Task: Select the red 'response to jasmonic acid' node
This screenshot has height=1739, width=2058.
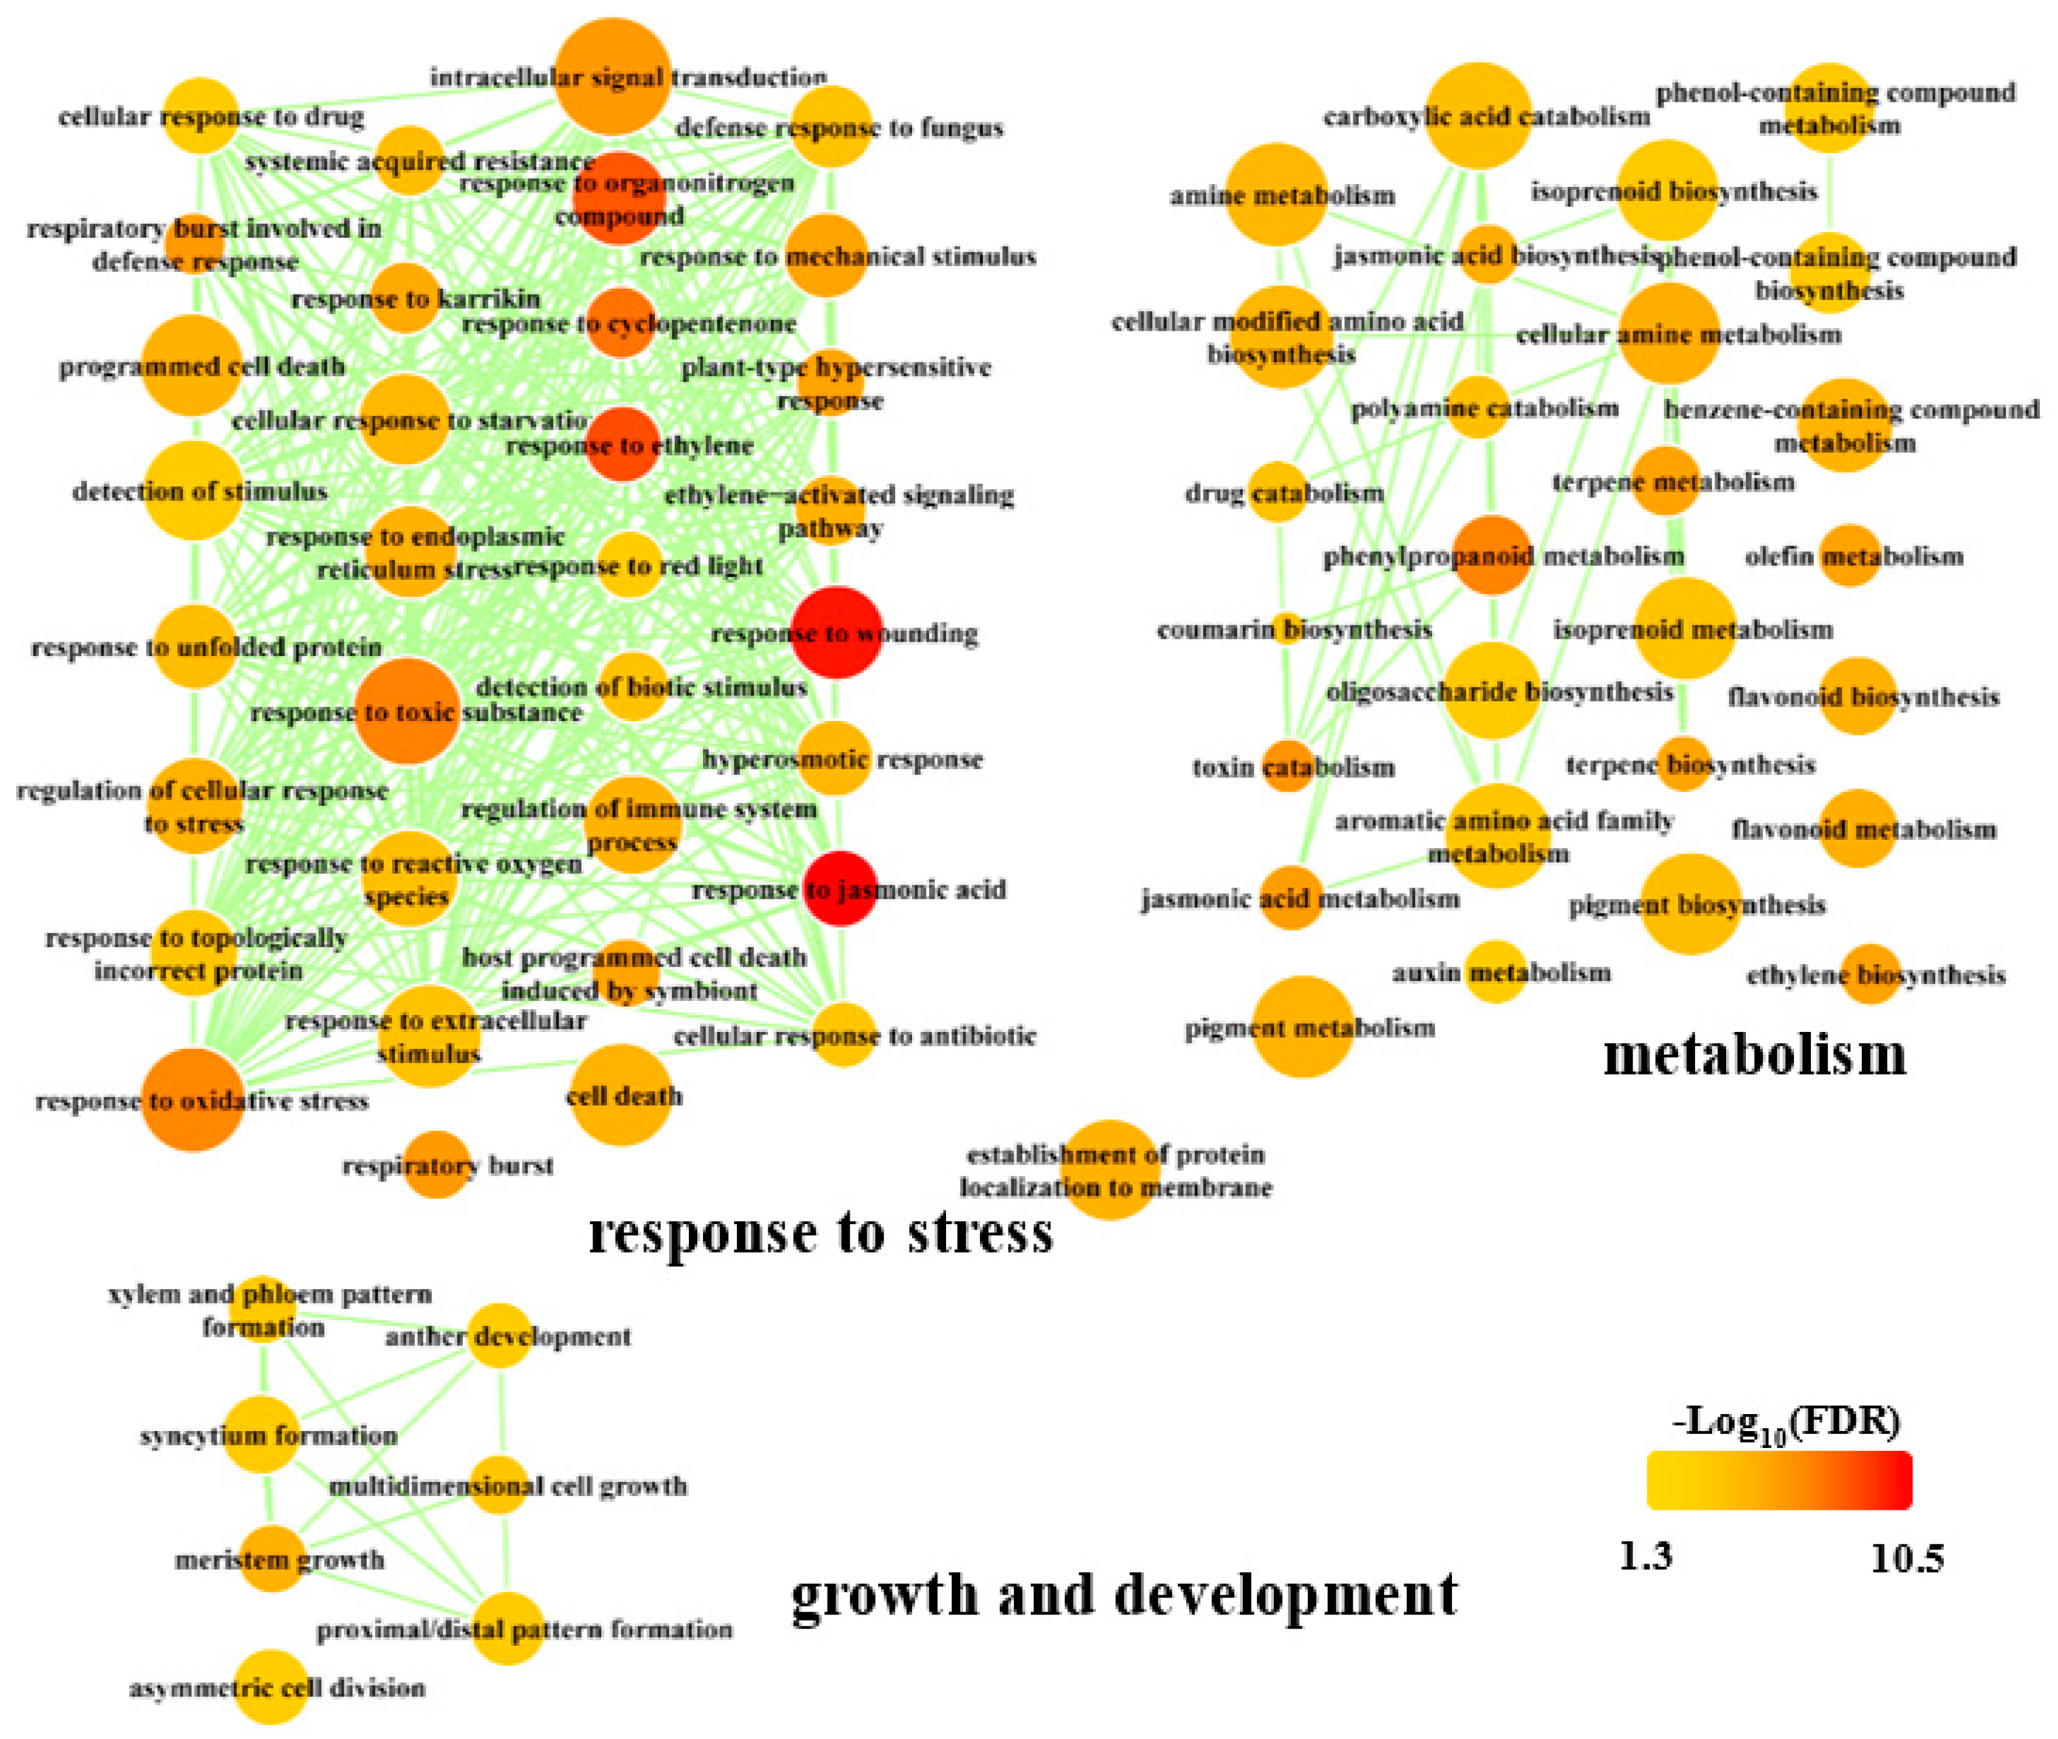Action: tap(840, 888)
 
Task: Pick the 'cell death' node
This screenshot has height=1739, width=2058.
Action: tap(621, 1094)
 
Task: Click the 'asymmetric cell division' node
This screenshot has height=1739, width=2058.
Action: tap(272, 1687)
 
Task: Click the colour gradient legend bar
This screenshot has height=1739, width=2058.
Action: tap(1779, 1480)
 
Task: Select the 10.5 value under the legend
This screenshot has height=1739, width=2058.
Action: tap(1906, 1558)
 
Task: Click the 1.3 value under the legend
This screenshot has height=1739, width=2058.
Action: tap(1646, 1556)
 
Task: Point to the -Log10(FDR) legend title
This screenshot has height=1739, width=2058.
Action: tap(1786, 1422)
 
